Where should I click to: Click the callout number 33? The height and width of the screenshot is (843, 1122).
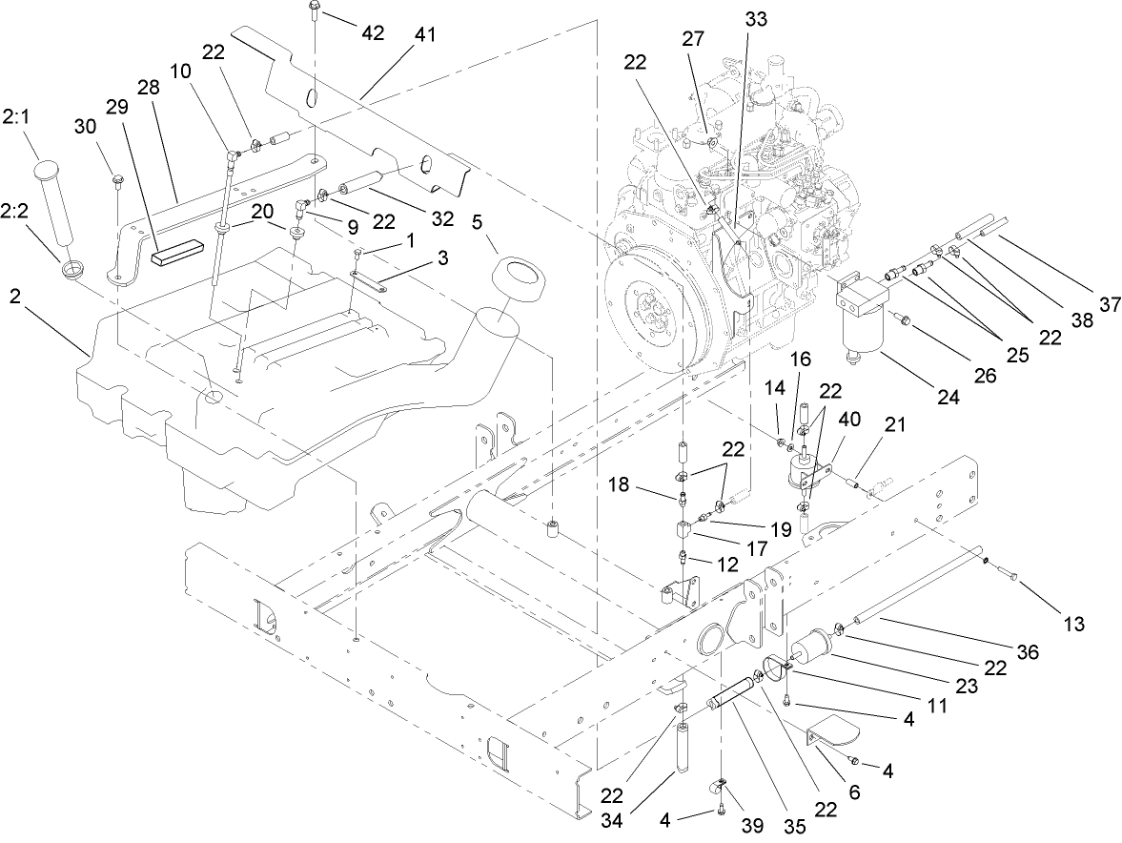click(x=756, y=17)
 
